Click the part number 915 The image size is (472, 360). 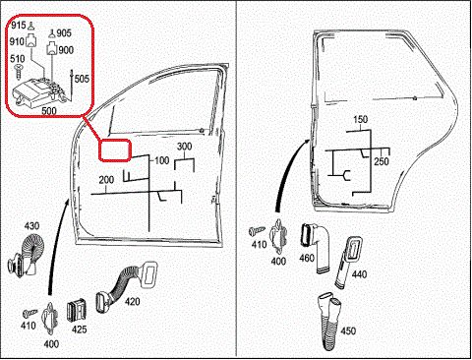pyautogui.click(x=18, y=26)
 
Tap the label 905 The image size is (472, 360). pyautogui.click(x=64, y=33)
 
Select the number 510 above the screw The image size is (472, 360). pyautogui.click(x=18, y=59)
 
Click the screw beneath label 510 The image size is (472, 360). pyautogui.click(x=18, y=72)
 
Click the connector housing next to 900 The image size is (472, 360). pyautogui.click(x=52, y=48)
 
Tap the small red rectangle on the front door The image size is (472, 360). pyautogui.click(x=115, y=150)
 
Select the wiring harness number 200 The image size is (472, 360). pyautogui.click(x=106, y=180)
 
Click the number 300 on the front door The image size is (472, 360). pyautogui.click(x=184, y=147)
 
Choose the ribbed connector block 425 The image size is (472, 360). pyautogui.click(x=77, y=310)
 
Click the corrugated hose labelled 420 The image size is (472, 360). pyautogui.click(x=126, y=286)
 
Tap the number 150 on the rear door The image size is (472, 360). pyautogui.click(x=360, y=119)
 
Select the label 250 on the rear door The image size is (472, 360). pyautogui.click(x=382, y=161)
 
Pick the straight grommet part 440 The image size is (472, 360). pyautogui.click(x=348, y=263)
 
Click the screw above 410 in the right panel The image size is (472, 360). pyautogui.click(x=258, y=231)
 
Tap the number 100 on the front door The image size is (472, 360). pyautogui.click(x=162, y=160)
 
